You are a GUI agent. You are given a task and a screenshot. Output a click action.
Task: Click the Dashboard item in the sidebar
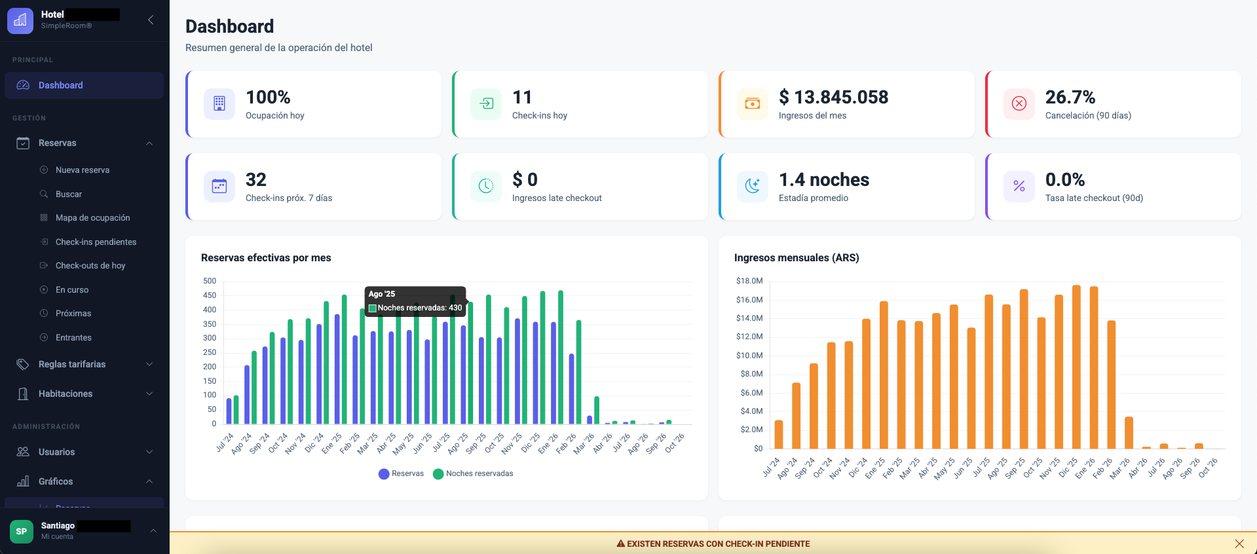pos(60,85)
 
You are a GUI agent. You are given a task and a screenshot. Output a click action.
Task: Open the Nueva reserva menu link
pos(82,170)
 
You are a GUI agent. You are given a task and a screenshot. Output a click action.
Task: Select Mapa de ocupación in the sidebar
pos(92,217)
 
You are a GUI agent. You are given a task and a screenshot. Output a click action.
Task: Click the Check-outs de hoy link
pos(90,265)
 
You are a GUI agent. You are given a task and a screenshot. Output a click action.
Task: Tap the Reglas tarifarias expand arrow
pos(149,364)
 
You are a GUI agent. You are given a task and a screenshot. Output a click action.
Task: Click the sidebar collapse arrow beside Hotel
pos(151,20)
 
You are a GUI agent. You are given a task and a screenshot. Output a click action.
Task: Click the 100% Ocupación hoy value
pos(268,97)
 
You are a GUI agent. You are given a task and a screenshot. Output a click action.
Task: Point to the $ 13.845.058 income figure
pos(833,97)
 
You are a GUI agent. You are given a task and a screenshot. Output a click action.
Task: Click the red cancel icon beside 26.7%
pos(1019,103)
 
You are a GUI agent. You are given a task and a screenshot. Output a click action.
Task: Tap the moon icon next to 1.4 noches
pos(752,186)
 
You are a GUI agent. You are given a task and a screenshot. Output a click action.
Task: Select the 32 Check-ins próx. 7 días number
pos(255,179)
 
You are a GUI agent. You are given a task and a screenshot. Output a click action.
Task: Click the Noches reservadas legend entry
pos(479,473)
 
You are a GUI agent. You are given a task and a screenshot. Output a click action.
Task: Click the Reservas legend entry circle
pos(384,474)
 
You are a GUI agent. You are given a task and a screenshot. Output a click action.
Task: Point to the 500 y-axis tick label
pos(210,281)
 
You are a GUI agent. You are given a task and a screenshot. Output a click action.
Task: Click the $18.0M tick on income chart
pos(749,281)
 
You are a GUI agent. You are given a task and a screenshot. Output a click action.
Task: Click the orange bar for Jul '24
pos(779,434)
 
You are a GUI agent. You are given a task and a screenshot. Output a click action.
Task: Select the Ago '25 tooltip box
pos(415,301)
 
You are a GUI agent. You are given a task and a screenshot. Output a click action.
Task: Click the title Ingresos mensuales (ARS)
pos(796,258)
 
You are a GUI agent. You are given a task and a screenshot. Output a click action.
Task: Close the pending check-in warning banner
pos(1239,544)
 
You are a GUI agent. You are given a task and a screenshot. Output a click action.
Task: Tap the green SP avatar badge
pos(22,531)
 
